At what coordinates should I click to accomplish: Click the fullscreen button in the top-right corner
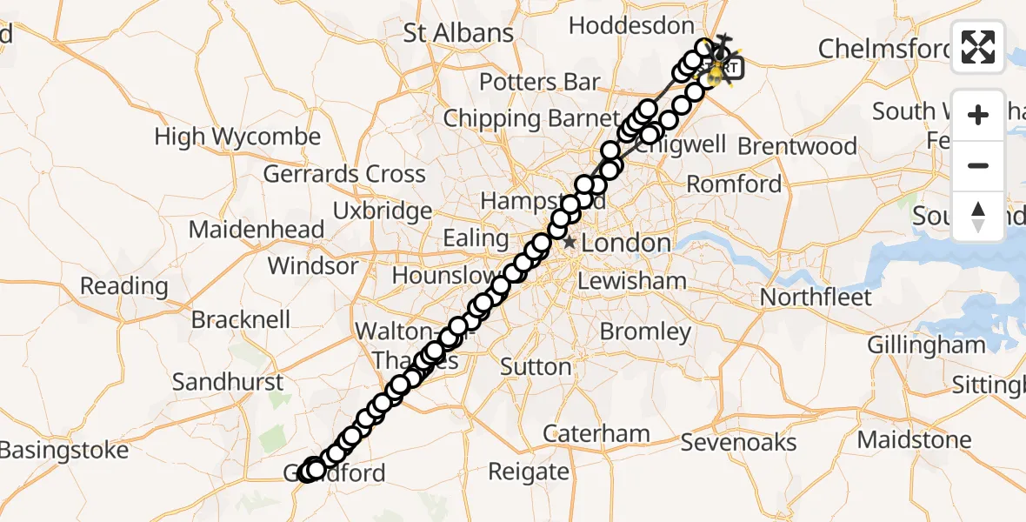point(978,47)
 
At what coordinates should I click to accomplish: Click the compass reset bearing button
point(978,217)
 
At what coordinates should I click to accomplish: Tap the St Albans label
point(458,33)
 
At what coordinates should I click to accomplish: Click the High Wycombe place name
point(237,137)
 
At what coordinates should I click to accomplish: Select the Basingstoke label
point(63,450)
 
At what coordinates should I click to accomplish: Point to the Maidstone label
point(916,440)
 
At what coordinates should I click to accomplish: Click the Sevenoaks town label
point(738,442)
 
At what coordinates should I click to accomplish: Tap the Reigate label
point(529,472)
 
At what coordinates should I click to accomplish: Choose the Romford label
point(734,184)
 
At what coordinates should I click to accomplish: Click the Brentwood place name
point(797,146)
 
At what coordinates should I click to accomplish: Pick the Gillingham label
point(926,345)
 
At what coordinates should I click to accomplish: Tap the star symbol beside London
point(570,243)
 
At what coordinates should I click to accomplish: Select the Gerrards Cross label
point(344,174)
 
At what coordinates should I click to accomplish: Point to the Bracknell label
point(241,319)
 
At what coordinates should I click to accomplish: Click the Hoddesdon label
point(631,26)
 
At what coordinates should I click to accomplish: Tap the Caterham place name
point(596,432)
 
